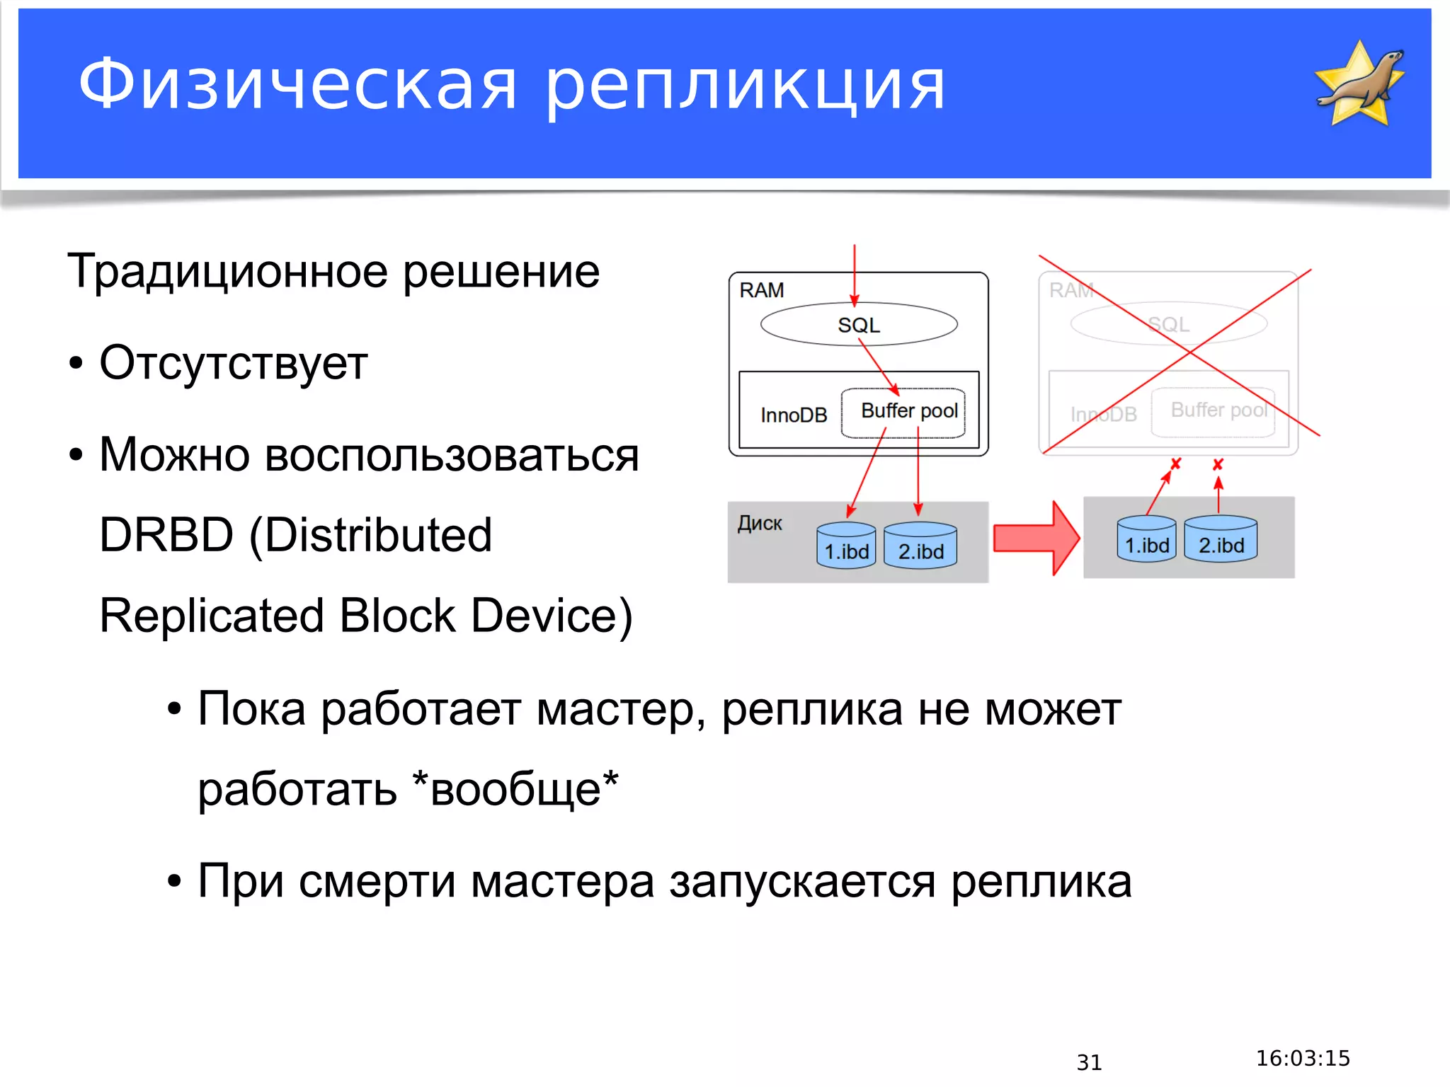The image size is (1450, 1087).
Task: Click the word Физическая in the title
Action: (297, 85)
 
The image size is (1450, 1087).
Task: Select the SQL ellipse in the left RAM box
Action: (858, 325)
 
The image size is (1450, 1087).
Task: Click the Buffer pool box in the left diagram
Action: (903, 413)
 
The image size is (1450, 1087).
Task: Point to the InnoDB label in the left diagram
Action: (793, 415)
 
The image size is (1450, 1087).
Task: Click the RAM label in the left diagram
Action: (761, 290)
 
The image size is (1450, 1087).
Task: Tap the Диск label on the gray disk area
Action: (759, 524)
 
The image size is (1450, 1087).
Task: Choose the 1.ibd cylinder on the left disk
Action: (846, 546)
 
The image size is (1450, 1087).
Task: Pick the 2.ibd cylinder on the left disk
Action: (920, 546)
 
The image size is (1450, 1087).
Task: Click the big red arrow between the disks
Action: (1036, 539)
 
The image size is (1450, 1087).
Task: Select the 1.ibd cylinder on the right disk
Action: (1146, 539)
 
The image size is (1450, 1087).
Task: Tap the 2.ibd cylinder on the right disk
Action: (1221, 539)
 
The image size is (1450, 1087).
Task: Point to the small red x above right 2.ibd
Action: (1218, 464)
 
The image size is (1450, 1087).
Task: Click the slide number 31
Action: (1089, 1062)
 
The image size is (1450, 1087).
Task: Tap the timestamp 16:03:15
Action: (1303, 1058)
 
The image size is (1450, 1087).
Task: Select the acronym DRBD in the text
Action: (166, 535)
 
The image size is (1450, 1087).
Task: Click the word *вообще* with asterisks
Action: (515, 788)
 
